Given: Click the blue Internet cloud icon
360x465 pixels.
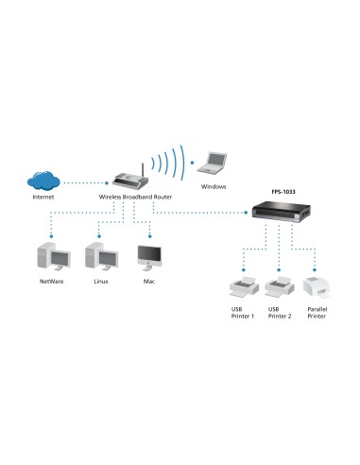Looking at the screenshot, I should pos(44,179).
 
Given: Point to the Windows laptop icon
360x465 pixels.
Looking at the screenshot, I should pos(217,162).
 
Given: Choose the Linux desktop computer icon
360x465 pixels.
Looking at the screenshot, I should pos(100,256).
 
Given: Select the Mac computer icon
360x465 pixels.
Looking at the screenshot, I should pos(148,256).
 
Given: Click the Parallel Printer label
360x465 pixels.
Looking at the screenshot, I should pos(316,312).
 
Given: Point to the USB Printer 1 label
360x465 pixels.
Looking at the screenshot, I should pos(243,312).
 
